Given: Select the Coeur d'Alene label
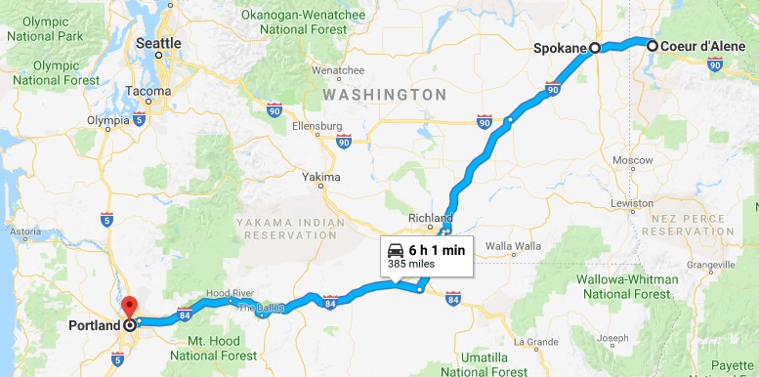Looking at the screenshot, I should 703,46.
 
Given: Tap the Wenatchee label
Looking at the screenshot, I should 337,70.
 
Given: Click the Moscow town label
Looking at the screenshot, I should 625,159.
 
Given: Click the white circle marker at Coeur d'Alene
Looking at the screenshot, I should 651,45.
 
